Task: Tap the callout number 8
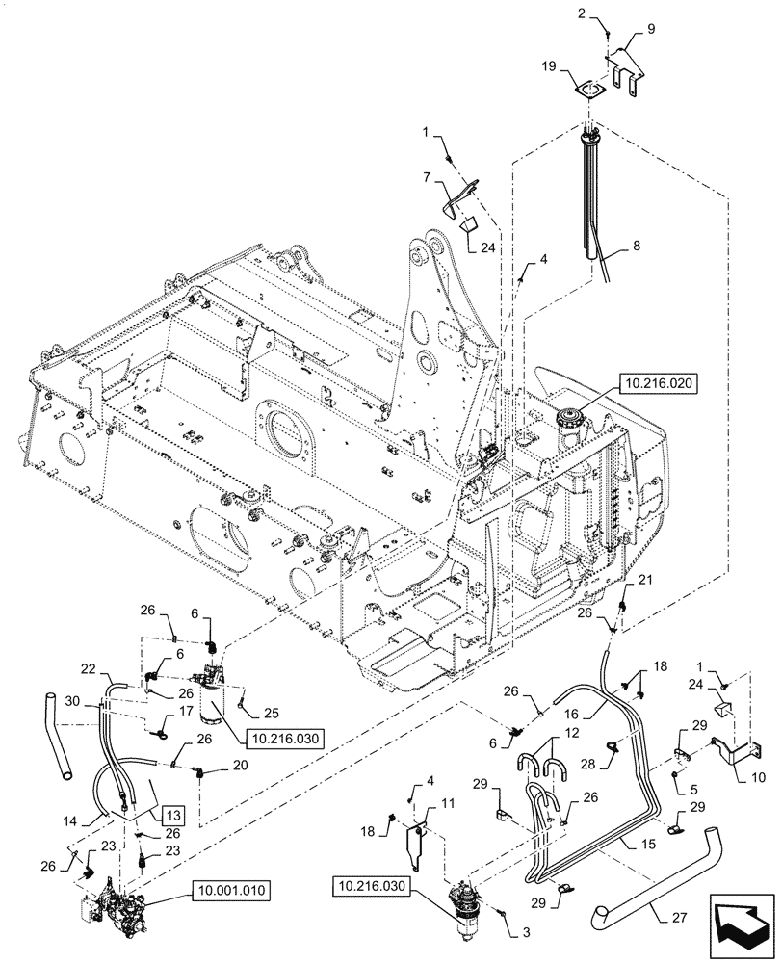635,247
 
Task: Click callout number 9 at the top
650,30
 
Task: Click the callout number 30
73,703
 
